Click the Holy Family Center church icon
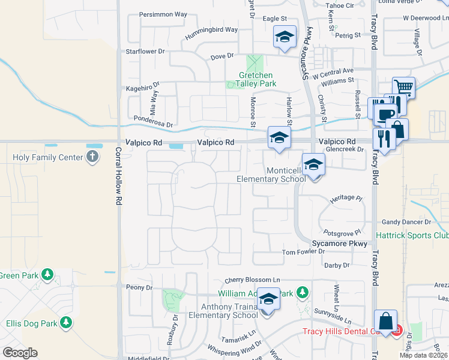coord(91,157)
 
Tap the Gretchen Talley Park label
coord(258,79)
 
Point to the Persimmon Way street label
coord(163,14)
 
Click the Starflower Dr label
coord(145,52)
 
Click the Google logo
coord(20,352)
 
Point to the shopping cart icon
coord(404,88)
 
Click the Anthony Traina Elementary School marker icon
coord(268,299)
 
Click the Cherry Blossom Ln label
coord(253,280)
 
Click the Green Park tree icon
coord(47,275)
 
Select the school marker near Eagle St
coord(285,37)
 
